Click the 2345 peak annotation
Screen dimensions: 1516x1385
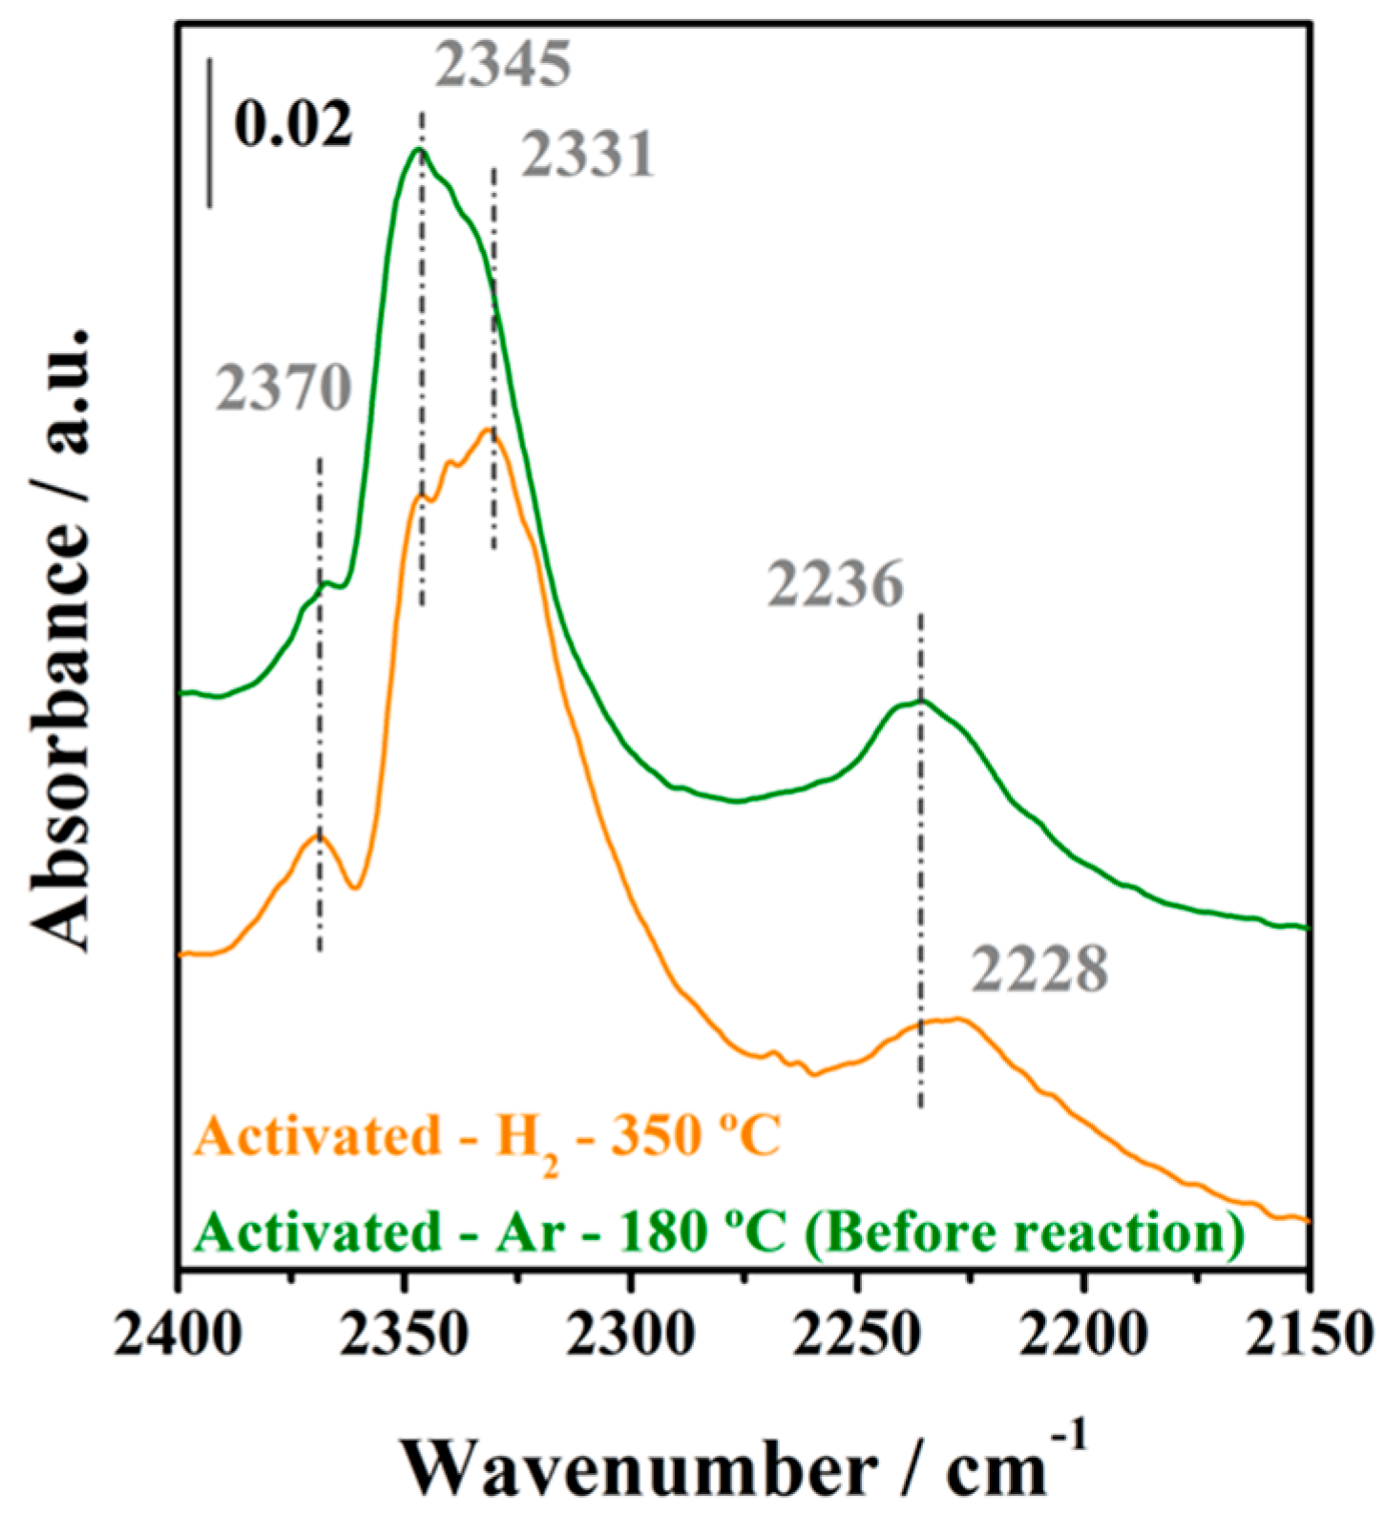pyautogui.click(x=504, y=65)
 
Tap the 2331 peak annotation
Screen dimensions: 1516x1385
pyautogui.click(x=588, y=155)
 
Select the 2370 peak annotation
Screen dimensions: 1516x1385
pyautogui.click(x=283, y=389)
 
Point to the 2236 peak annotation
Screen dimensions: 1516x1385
pyautogui.click(x=836, y=583)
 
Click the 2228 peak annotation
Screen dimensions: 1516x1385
pyautogui.click(x=1040, y=970)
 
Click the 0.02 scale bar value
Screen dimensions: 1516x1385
pyautogui.click(x=293, y=124)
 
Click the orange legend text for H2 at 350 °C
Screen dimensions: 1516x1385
pyautogui.click(x=487, y=1138)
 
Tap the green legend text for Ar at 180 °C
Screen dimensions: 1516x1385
pyautogui.click(x=720, y=1232)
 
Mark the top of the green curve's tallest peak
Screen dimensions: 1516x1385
pyautogui.click(x=418, y=149)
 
